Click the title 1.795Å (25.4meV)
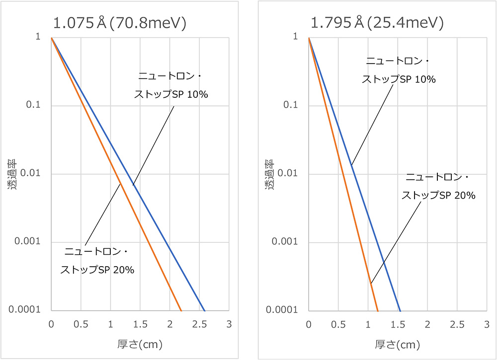(377, 23)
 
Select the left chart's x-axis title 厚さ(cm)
(140, 344)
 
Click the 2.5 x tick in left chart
(199, 324)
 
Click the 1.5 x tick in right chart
(397, 324)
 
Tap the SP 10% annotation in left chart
(171, 85)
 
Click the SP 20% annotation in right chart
(438, 186)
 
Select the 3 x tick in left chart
(229, 324)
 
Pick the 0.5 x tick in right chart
(338, 324)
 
